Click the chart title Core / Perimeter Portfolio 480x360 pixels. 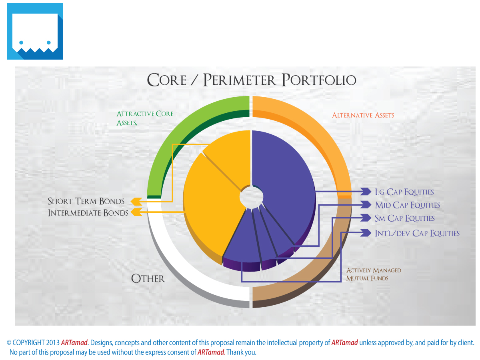coord(252,80)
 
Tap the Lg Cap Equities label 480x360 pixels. coord(404,192)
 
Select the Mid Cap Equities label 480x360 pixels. coord(407,205)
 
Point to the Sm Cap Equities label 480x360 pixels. coord(404,218)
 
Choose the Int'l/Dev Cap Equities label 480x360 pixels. coord(417,233)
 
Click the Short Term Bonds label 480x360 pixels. coord(86,201)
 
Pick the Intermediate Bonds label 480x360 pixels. coord(88,213)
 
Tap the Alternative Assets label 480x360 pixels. coord(363,116)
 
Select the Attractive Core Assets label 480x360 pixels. coord(145,118)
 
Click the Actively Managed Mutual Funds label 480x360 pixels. coord(374,274)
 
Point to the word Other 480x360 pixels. coord(148,278)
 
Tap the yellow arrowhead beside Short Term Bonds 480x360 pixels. coord(136,201)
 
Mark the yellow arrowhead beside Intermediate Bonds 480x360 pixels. coord(136,212)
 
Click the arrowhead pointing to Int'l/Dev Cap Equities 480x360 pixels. coord(366,233)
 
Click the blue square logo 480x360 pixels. coord(35,31)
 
